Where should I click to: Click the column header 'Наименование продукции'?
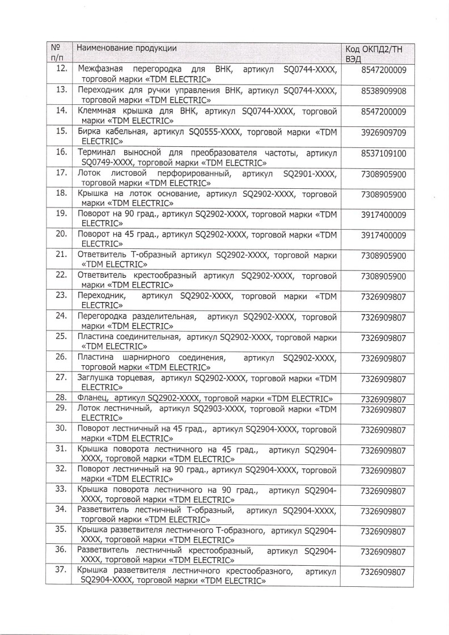pos(126,48)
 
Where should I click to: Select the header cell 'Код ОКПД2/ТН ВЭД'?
pos(375,53)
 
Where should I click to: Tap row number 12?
pos(62,69)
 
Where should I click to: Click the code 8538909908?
pos(383,91)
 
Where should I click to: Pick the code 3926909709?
pos(383,133)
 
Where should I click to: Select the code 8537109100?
pos(383,154)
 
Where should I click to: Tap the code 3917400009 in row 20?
pos(383,235)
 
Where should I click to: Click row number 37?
pos(62,571)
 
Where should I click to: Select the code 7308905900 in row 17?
pos(383,174)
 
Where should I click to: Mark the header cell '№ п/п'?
pos(56,53)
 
